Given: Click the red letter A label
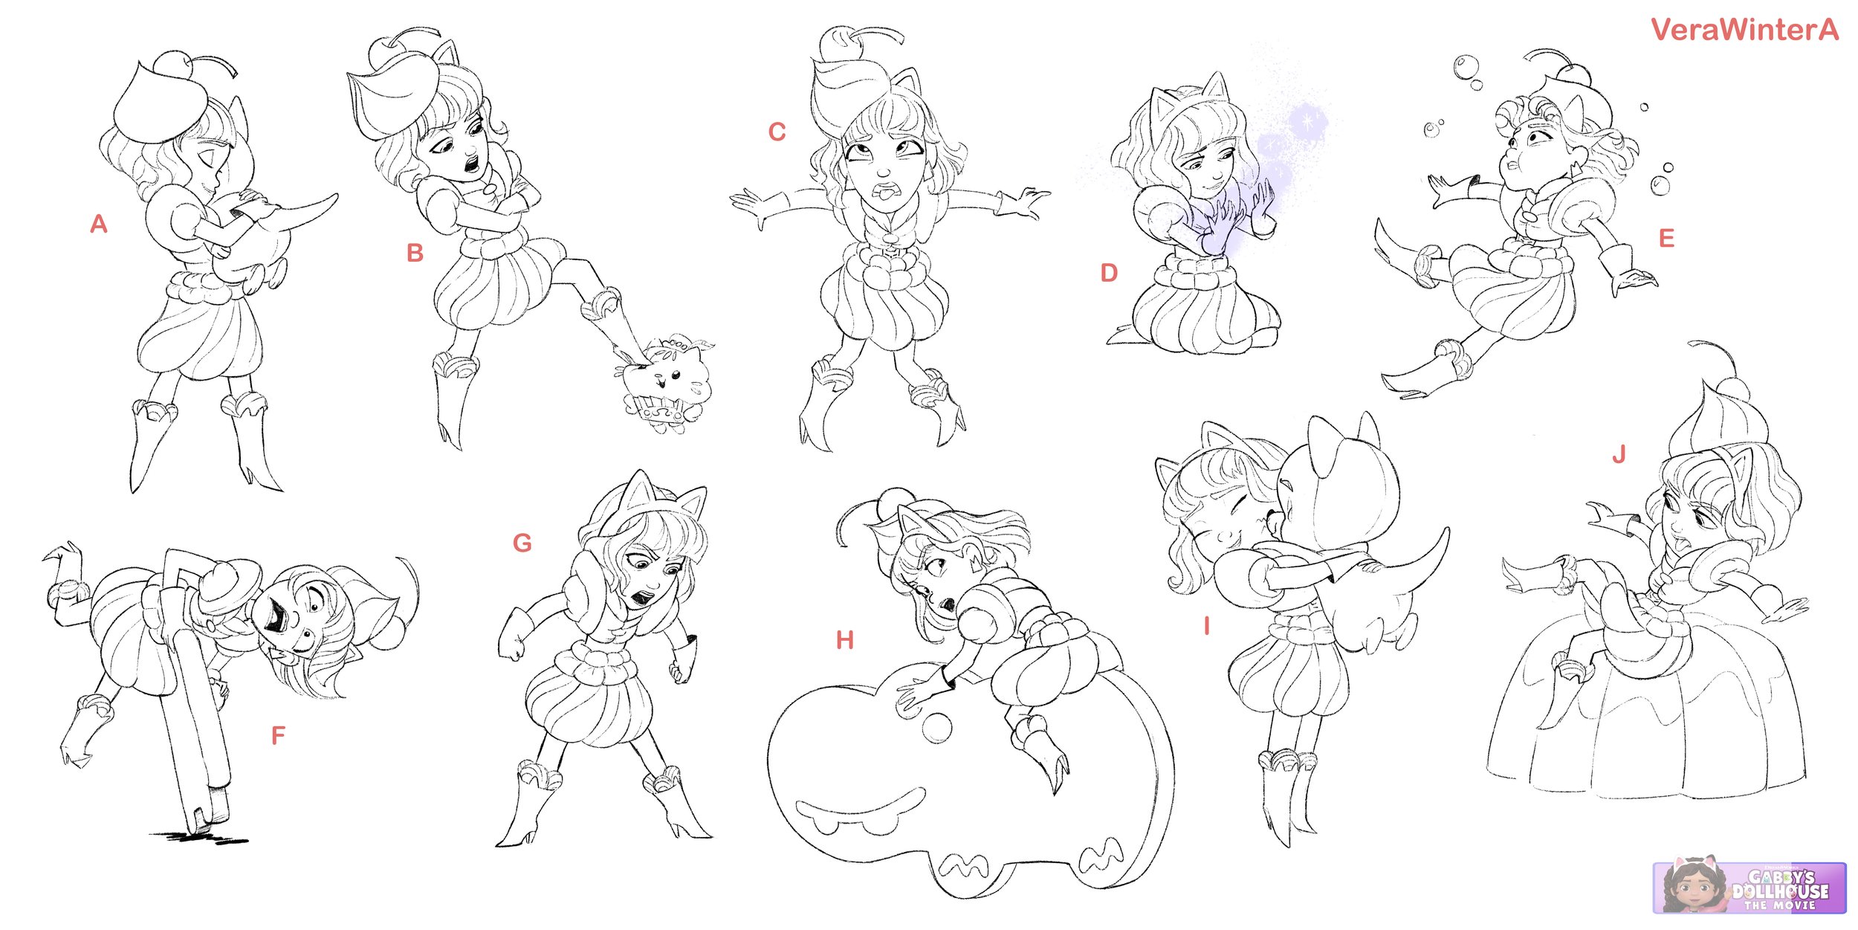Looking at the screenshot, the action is [x=99, y=224].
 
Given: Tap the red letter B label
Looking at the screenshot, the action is [x=415, y=253].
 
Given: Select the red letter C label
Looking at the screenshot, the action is [x=777, y=132].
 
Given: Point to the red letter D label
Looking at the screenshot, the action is [x=1109, y=273].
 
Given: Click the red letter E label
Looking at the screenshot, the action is [x=1667, y=238].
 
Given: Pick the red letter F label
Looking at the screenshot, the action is [x=278, y=735].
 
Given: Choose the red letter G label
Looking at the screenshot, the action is [x=522, y=543].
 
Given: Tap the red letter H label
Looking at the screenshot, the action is [x=845, y=640].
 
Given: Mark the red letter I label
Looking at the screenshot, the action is [x=1207, y=627].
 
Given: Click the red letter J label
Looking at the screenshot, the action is [x=1619, y=454].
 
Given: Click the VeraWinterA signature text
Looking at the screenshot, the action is [x=1745, y=30].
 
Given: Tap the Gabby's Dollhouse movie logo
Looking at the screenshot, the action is [x=1749, y=888].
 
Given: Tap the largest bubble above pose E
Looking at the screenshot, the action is [x=1467, y=67].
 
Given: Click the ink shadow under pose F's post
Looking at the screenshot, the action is [x=199, y=838].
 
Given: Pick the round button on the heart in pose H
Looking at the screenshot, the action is [x=936, y=728].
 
